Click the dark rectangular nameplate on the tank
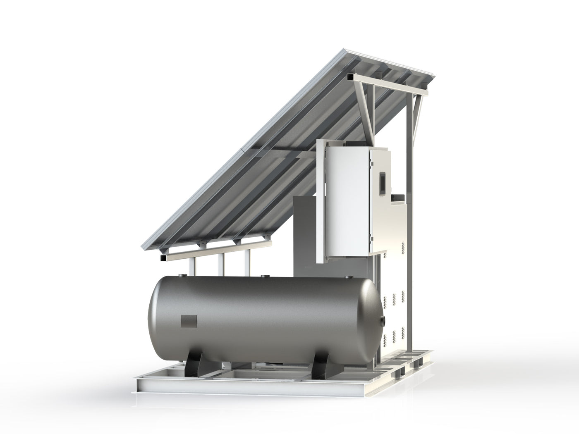click(189, 321)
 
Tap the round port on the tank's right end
click(385, 320)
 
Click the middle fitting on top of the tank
click(263, 275)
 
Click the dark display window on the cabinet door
click(383, 182)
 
